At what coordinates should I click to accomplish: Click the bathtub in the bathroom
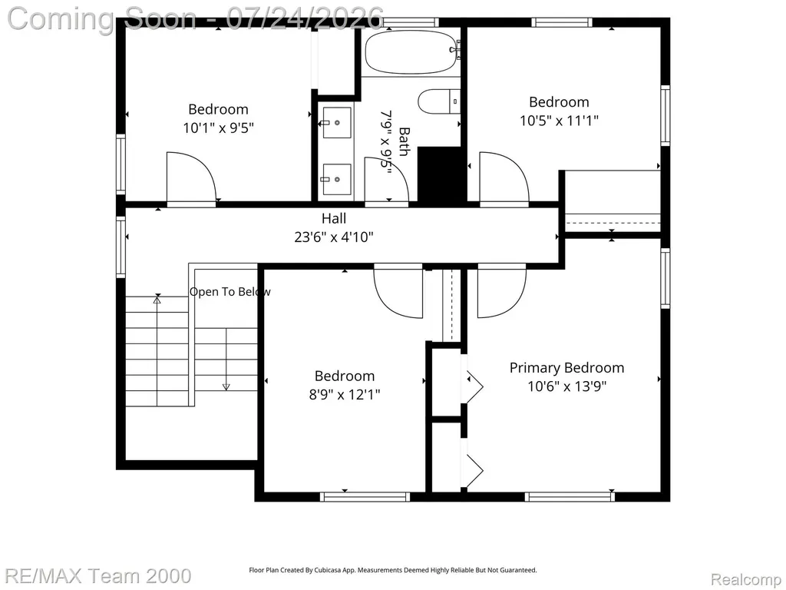(412, 53)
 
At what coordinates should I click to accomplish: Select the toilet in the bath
(438, 101)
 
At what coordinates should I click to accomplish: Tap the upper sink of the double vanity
(336, 122)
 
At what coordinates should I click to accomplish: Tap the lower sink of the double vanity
(336, 179)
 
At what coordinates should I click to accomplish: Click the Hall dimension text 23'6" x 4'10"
(334, 237)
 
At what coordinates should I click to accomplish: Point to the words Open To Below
(230, 291)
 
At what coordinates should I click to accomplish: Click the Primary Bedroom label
(567, 368)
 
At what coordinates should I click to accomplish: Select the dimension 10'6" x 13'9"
(567, 386)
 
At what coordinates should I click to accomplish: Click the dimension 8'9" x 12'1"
(345, 394)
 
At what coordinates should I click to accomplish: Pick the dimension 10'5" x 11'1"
(559, 121)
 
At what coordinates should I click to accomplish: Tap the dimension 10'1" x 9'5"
(218, 128)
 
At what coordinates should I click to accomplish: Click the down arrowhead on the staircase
(226, 387)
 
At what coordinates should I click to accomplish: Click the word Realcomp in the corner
(746, 579)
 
